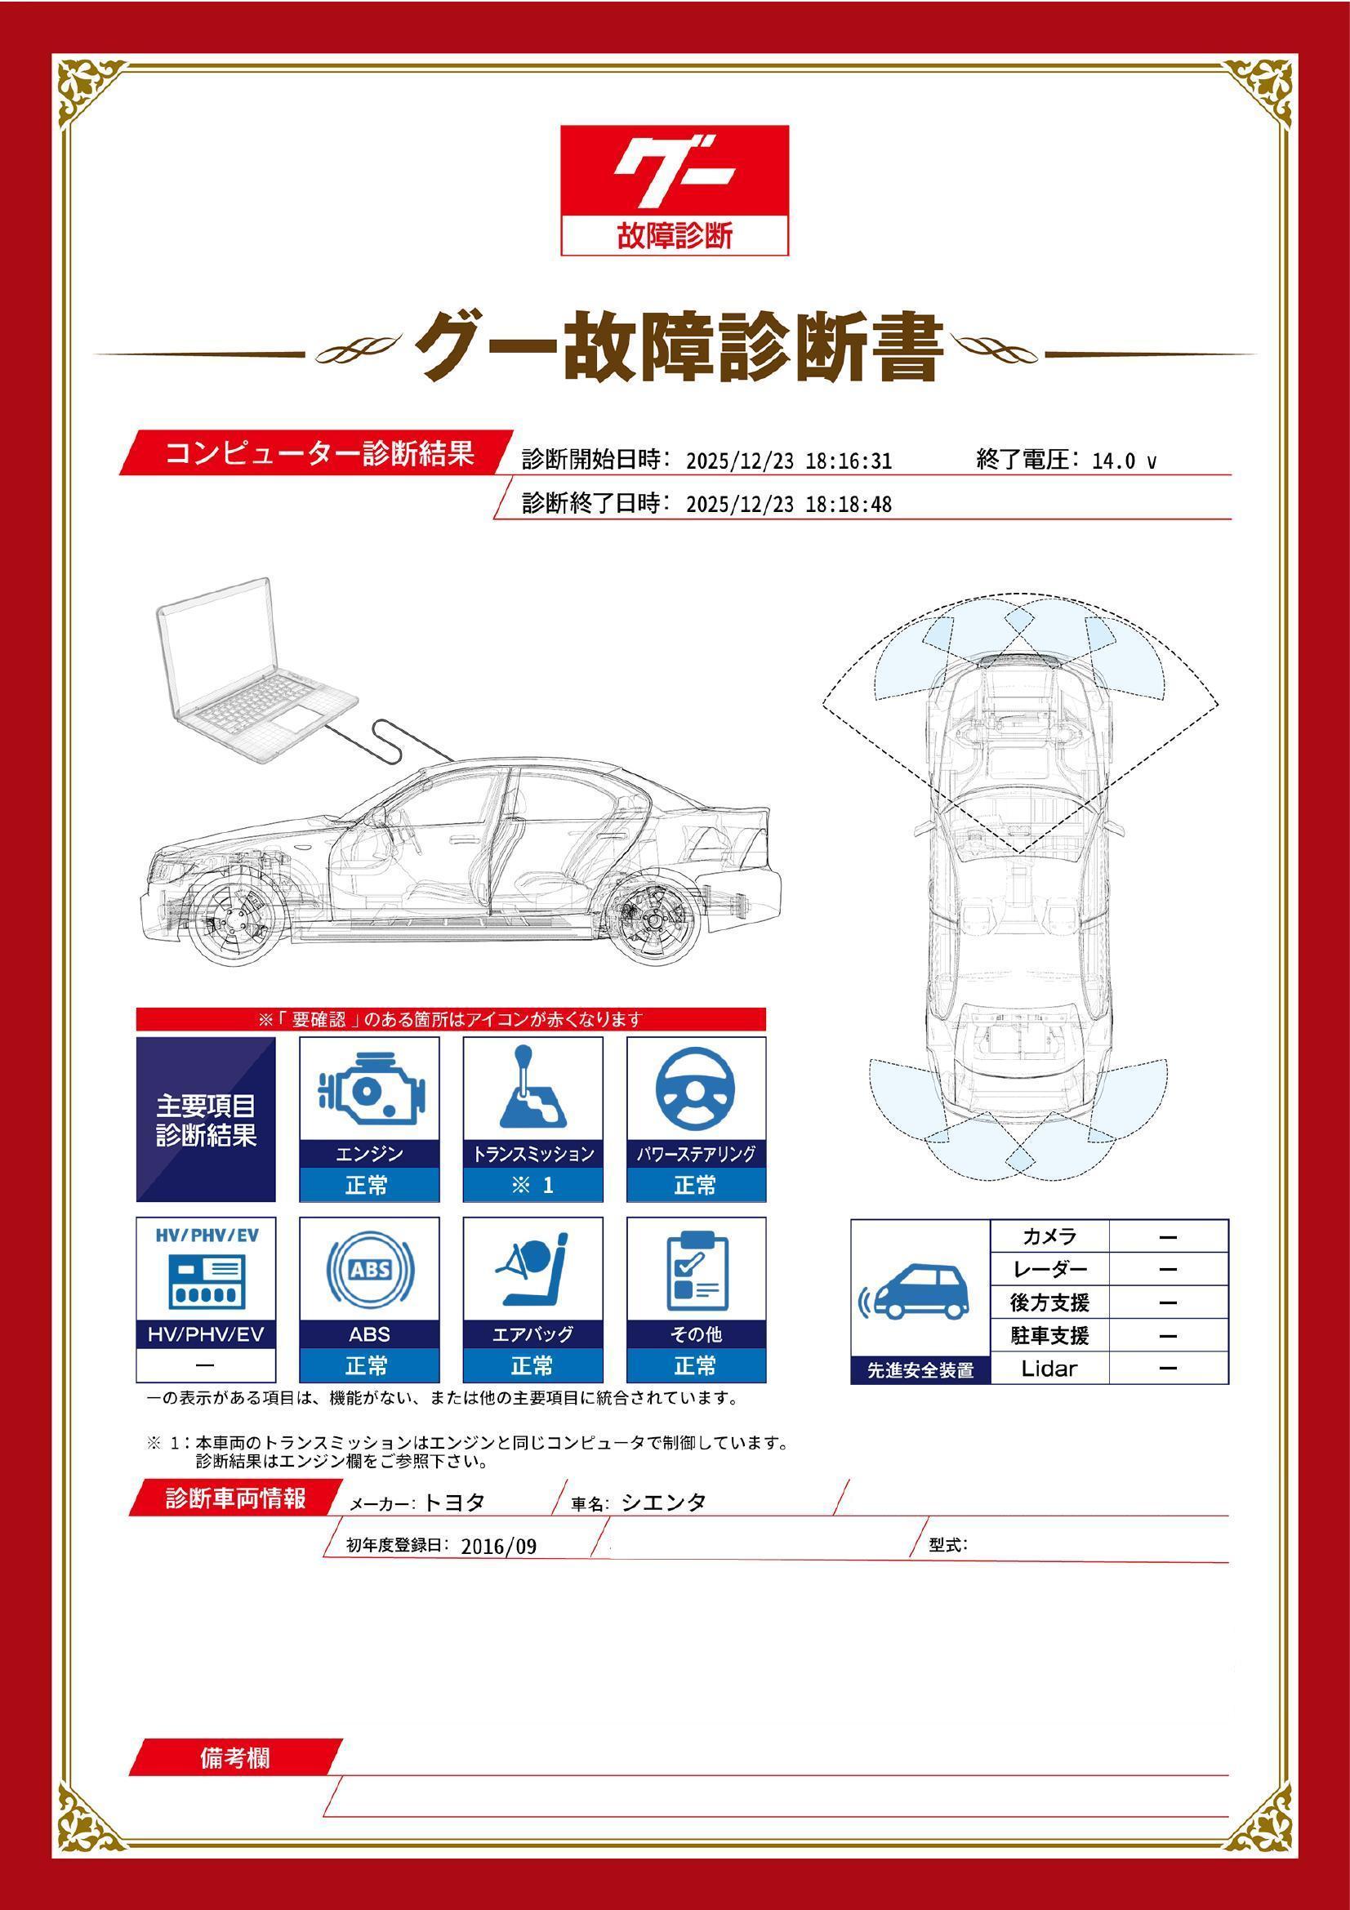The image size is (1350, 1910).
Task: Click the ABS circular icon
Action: pos(368,1270)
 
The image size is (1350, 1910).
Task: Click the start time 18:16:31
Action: pos(848,461)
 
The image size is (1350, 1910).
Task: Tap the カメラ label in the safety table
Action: pos(1049,1237)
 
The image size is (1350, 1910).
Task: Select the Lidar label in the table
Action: pos(1049,1369)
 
